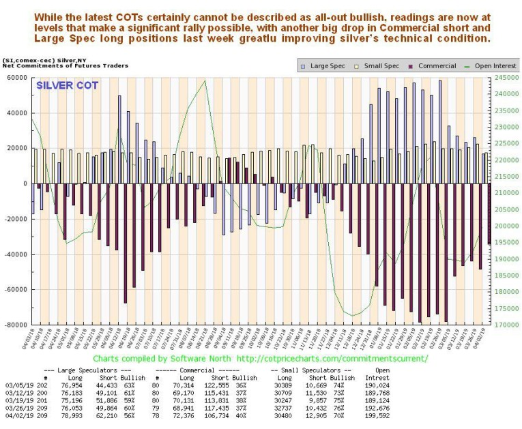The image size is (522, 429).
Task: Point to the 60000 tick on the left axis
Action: (x=16, y=78)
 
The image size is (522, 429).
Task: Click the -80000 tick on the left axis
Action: (x=14, y=325)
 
